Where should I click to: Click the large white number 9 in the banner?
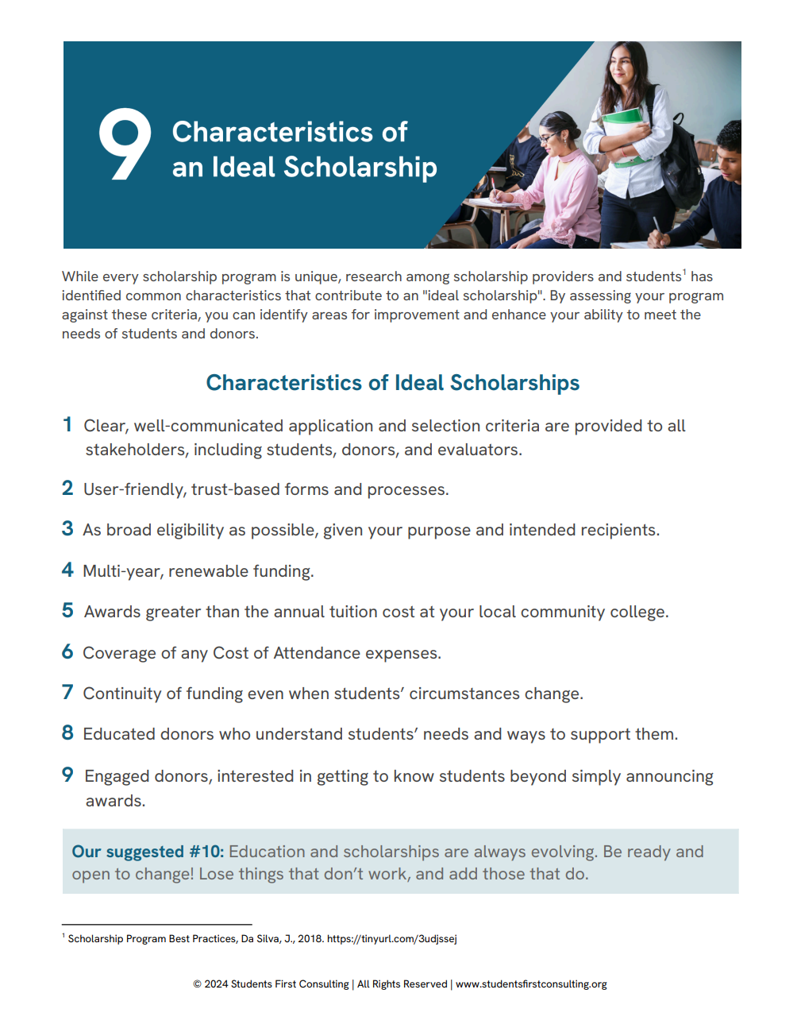click(125, 144)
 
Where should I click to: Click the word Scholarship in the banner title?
click(360, 168)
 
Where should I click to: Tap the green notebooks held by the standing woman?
click(624, 132)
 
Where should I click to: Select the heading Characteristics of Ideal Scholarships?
click(392, 383)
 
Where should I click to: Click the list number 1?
click(67, 425)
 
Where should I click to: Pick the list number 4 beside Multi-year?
click(67, 570)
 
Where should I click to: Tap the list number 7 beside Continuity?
click(67, 693)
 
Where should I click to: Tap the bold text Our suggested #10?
click(148, 852)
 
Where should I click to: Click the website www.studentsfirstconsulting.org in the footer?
click(530, 984)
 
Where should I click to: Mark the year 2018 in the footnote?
click(310, 939)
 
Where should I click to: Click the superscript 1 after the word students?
click(684, 272)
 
